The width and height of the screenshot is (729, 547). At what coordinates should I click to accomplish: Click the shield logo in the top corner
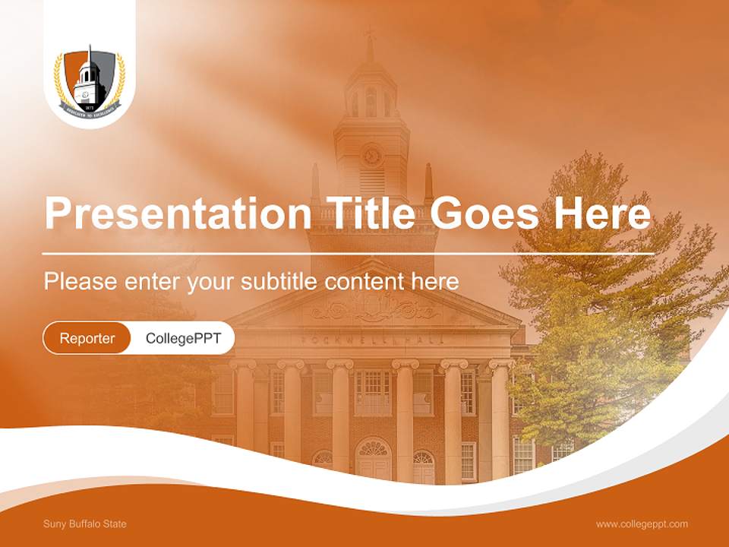89,83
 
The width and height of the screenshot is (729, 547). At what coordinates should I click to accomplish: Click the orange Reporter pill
87,338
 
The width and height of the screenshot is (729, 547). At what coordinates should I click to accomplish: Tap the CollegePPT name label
183,338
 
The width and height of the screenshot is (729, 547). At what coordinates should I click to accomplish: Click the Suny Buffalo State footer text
85,524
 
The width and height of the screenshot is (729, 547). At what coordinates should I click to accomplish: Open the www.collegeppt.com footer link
642,524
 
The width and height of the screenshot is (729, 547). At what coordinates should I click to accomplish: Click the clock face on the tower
371,156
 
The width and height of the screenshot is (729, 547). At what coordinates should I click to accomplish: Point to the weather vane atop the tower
370,33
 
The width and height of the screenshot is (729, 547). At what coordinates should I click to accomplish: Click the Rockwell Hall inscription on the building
371,340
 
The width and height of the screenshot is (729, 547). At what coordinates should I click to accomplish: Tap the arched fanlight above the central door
373,448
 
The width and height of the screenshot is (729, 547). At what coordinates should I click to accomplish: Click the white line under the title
348,253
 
